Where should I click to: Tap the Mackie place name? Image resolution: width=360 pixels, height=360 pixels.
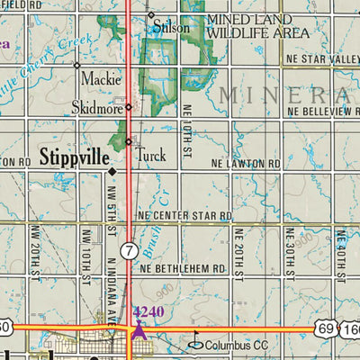(101, 79)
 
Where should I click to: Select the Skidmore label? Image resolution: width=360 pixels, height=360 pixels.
(96, 108)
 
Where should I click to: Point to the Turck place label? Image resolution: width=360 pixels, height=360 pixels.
(150, 155)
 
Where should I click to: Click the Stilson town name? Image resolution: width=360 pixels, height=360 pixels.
(172, 28)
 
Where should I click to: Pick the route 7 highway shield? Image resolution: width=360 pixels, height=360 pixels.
(130, 249)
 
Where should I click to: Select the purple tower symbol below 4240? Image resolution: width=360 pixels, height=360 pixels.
(139, 329)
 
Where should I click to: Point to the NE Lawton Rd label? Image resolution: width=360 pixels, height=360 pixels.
(246, 165)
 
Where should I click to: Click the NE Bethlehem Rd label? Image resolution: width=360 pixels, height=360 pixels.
(182, 268)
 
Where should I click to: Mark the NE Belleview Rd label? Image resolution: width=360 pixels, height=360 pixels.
(322, 111)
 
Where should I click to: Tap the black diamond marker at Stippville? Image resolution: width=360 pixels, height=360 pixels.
(112, 170)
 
